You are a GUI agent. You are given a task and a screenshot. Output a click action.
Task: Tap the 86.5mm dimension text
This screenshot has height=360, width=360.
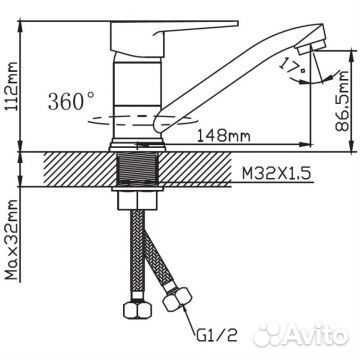[342, 101]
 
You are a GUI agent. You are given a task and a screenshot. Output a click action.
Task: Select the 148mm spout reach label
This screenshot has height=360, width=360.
[223, 136]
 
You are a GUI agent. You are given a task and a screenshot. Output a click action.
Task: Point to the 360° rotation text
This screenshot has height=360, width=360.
[71, 101]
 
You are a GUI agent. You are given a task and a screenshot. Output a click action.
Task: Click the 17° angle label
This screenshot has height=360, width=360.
[292, 66]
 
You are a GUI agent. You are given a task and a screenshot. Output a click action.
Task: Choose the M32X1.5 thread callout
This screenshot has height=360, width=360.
[277, 173]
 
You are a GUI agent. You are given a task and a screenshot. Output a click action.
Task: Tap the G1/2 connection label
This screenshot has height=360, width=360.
[217, 335]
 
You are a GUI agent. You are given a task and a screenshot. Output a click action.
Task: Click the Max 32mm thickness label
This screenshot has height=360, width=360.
[12, 240]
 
